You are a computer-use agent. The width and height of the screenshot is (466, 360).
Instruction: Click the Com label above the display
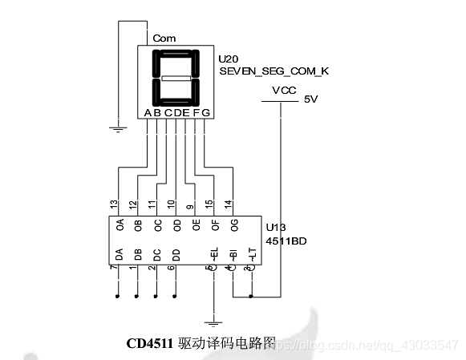click(x=164, y=38)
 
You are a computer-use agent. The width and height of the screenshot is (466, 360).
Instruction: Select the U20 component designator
click(x=228, y=59)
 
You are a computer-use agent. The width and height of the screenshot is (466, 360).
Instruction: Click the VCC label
click(x=284, y=91)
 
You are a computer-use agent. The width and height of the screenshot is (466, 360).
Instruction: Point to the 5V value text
click(x=310, y=99)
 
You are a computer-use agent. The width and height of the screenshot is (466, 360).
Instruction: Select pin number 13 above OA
click(x=119, y=207)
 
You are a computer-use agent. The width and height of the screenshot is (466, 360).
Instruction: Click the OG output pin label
click(x=233, y=225)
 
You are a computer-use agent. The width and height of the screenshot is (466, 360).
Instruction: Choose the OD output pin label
click(x=176, y=225)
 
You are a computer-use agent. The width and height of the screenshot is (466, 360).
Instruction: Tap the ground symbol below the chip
click(x=213, y=322)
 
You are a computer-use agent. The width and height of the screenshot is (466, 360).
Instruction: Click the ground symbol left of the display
click(x=119, y=126)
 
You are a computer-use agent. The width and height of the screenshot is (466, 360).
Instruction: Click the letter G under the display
click(x=206, y=112)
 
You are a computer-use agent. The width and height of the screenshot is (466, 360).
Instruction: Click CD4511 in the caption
click(x=152, y=343)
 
